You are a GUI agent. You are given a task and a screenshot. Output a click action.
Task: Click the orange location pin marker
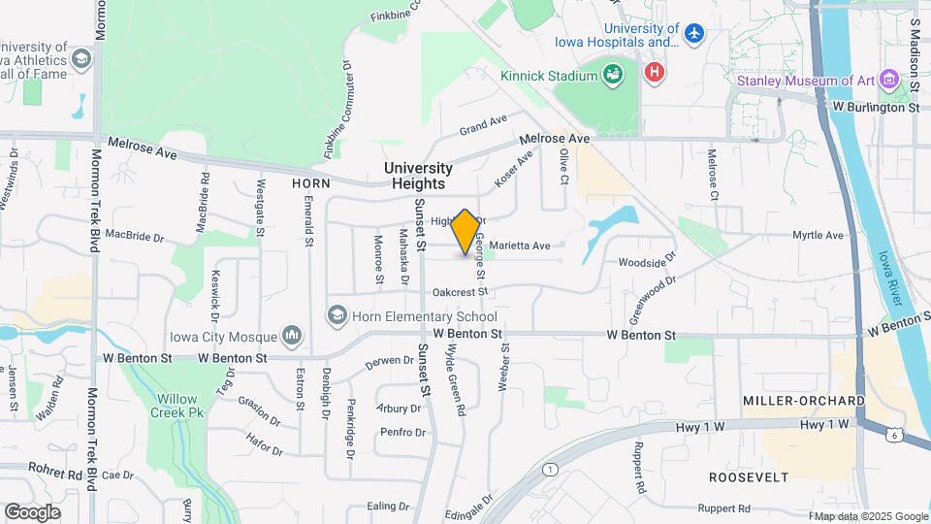click(465, 231)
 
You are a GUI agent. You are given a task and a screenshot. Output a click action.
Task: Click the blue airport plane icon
click(693, 34)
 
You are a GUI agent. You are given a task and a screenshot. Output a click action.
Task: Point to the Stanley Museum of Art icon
click(890, 81)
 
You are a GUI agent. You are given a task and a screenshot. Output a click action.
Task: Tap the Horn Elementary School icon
click(337, 315)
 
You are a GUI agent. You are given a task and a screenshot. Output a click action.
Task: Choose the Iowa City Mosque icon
click(292, 337)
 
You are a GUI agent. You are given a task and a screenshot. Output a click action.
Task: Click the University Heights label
click(418, 176)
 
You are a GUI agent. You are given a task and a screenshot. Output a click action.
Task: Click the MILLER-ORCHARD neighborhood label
click(803, 401)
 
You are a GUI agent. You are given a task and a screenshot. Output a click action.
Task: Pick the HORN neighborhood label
click(311, 182)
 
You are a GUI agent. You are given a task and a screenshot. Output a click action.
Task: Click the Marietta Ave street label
click(520, 246)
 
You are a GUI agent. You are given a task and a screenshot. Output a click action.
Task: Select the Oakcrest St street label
click(459, 291)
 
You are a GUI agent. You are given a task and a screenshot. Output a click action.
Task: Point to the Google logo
click(32, 511)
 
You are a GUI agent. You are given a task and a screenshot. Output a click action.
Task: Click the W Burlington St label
click(875, 108)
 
